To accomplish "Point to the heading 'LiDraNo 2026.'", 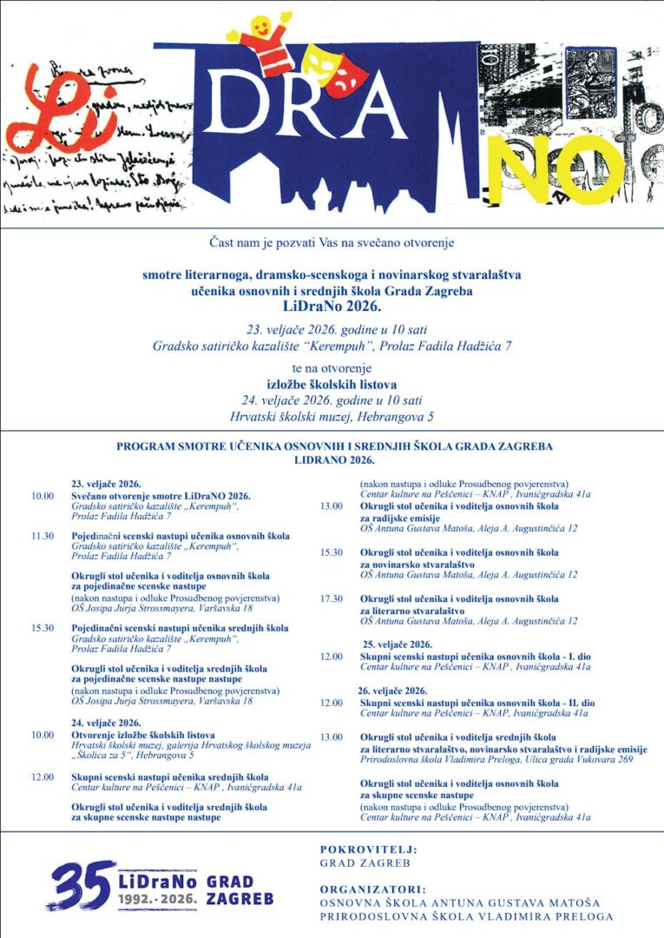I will pos(332,307).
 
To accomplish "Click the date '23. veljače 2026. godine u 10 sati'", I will pos(332,329).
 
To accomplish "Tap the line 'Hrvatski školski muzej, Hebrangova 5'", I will pos(332,416).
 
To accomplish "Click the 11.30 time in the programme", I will pos(43,536).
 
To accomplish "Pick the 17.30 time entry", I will pos(332,598).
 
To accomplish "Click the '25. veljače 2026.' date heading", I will pos(397,644).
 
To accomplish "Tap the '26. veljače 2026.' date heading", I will pos(393,690).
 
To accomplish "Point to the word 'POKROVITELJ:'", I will pos(368,849).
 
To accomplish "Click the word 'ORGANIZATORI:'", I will pos(372,889).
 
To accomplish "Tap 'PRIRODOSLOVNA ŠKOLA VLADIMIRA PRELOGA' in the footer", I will pos(466,916).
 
